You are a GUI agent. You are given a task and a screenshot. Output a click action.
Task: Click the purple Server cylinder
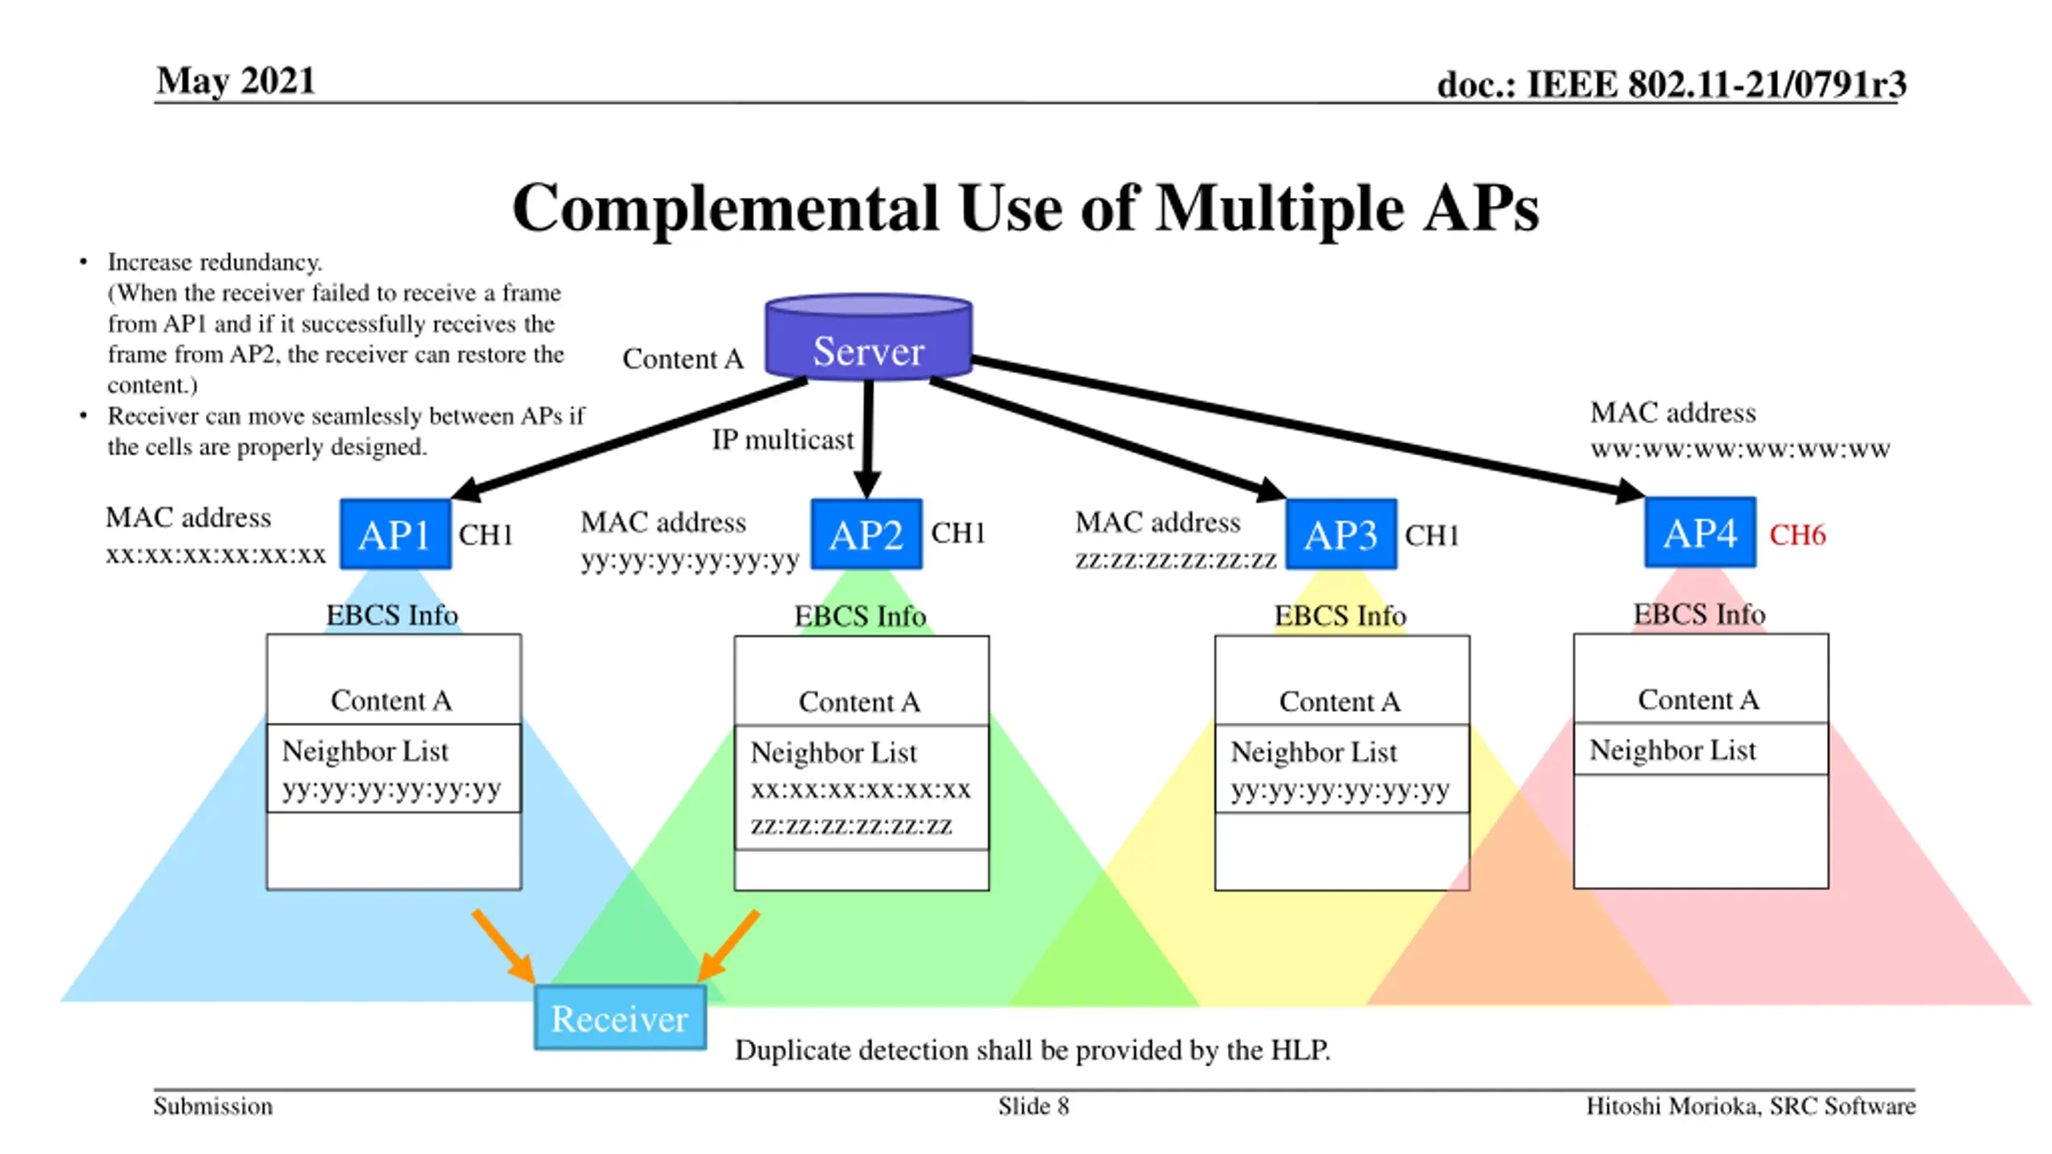click(x=869, y=336)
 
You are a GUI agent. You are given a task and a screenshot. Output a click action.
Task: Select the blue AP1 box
click(x=395, y=534)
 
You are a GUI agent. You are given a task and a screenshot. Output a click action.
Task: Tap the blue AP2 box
click(x=866, y=534)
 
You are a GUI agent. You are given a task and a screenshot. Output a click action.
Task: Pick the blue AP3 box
click(x=1341, y=534)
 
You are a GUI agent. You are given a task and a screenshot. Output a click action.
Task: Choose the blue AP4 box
click(x=1700, y=532)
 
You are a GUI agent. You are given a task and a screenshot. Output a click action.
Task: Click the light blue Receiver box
click(x=620, y=1017)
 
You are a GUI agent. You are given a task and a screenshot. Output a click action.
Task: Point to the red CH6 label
click(x=1797, y=535)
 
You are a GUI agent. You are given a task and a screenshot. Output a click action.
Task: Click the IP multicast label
click(x=782, y=440)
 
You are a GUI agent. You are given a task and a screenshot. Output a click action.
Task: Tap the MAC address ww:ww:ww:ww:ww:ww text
click(x=1739, y=430)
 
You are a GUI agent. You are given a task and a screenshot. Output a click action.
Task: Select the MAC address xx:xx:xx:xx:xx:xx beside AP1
click(x=216, y=535)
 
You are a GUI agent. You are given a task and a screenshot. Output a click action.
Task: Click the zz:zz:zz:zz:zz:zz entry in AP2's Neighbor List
click(x=851, y=825)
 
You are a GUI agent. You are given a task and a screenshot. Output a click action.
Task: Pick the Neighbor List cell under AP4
click(x=1701, y=749)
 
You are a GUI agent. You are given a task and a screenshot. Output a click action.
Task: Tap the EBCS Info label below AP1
click(x=392, y=615)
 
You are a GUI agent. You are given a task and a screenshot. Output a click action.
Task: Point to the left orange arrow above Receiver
click(x=504, y=946)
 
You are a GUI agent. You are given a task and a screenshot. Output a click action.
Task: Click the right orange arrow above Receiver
click(x=727, y=946)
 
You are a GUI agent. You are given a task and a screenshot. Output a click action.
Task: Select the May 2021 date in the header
click(x=236, y=81)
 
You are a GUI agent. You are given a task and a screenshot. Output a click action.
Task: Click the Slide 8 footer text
click(x=1033, y=1106)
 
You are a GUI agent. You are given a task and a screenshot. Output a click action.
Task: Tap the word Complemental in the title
click(x=725, y=208)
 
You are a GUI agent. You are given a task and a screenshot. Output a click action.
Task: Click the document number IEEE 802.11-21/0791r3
click(x=1716, y=84)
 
